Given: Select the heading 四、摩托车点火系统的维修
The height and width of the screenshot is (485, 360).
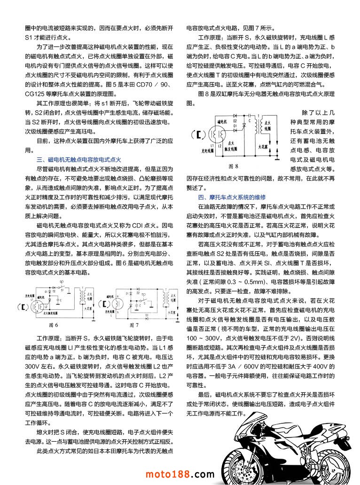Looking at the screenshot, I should pyautogui.click(x=232, y=197).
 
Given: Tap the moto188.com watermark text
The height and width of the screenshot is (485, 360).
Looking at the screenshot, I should pyautogui.click(x=180, y=474).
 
